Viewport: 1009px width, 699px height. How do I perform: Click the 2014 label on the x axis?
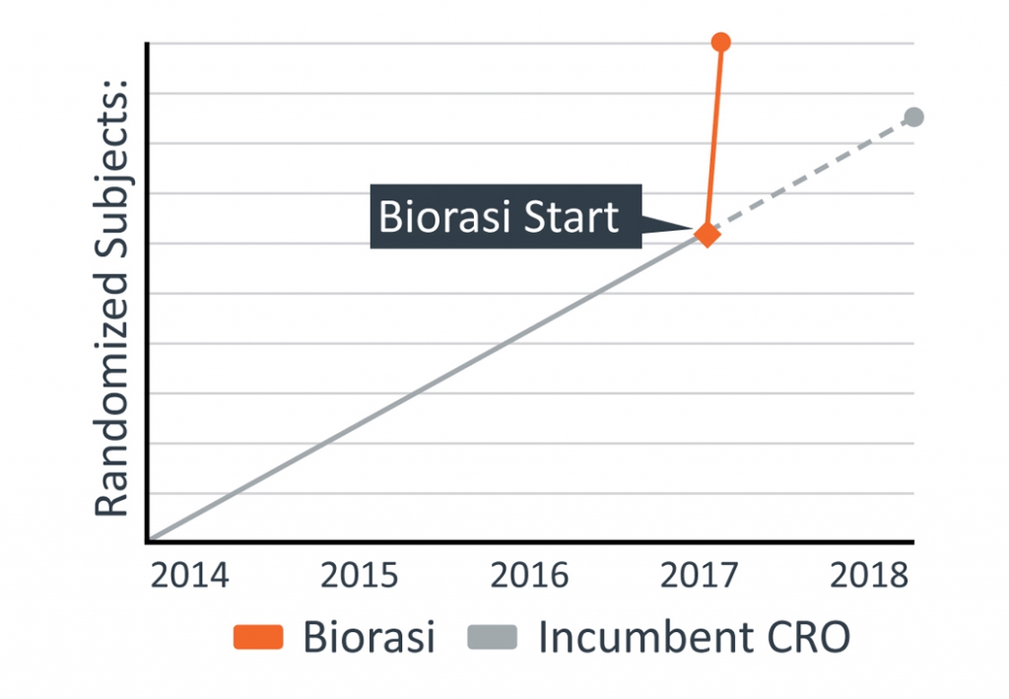tap(189, 575)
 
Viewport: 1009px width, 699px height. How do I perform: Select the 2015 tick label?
tap(359, 575)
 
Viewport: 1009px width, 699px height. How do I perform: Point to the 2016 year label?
tap(529, 575)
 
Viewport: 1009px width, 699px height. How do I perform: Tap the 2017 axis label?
tap(699, 575)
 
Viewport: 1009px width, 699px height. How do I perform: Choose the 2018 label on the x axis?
tap(869, 575)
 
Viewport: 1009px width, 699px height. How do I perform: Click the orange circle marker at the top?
tap(720, 42)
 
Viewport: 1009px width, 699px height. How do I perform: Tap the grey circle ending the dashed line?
tap(913, 117)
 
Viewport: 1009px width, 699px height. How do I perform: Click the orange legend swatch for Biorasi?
tap(258, 637)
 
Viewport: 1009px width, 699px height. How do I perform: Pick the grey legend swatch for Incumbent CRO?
tap(493, 637)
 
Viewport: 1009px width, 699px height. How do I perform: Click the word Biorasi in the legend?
tap(369, 637)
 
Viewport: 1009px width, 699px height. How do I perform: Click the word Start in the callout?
tap(571, 216)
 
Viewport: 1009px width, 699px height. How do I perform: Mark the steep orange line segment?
tap(713, 138)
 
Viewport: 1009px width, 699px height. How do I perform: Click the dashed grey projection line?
tap(810, 175)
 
